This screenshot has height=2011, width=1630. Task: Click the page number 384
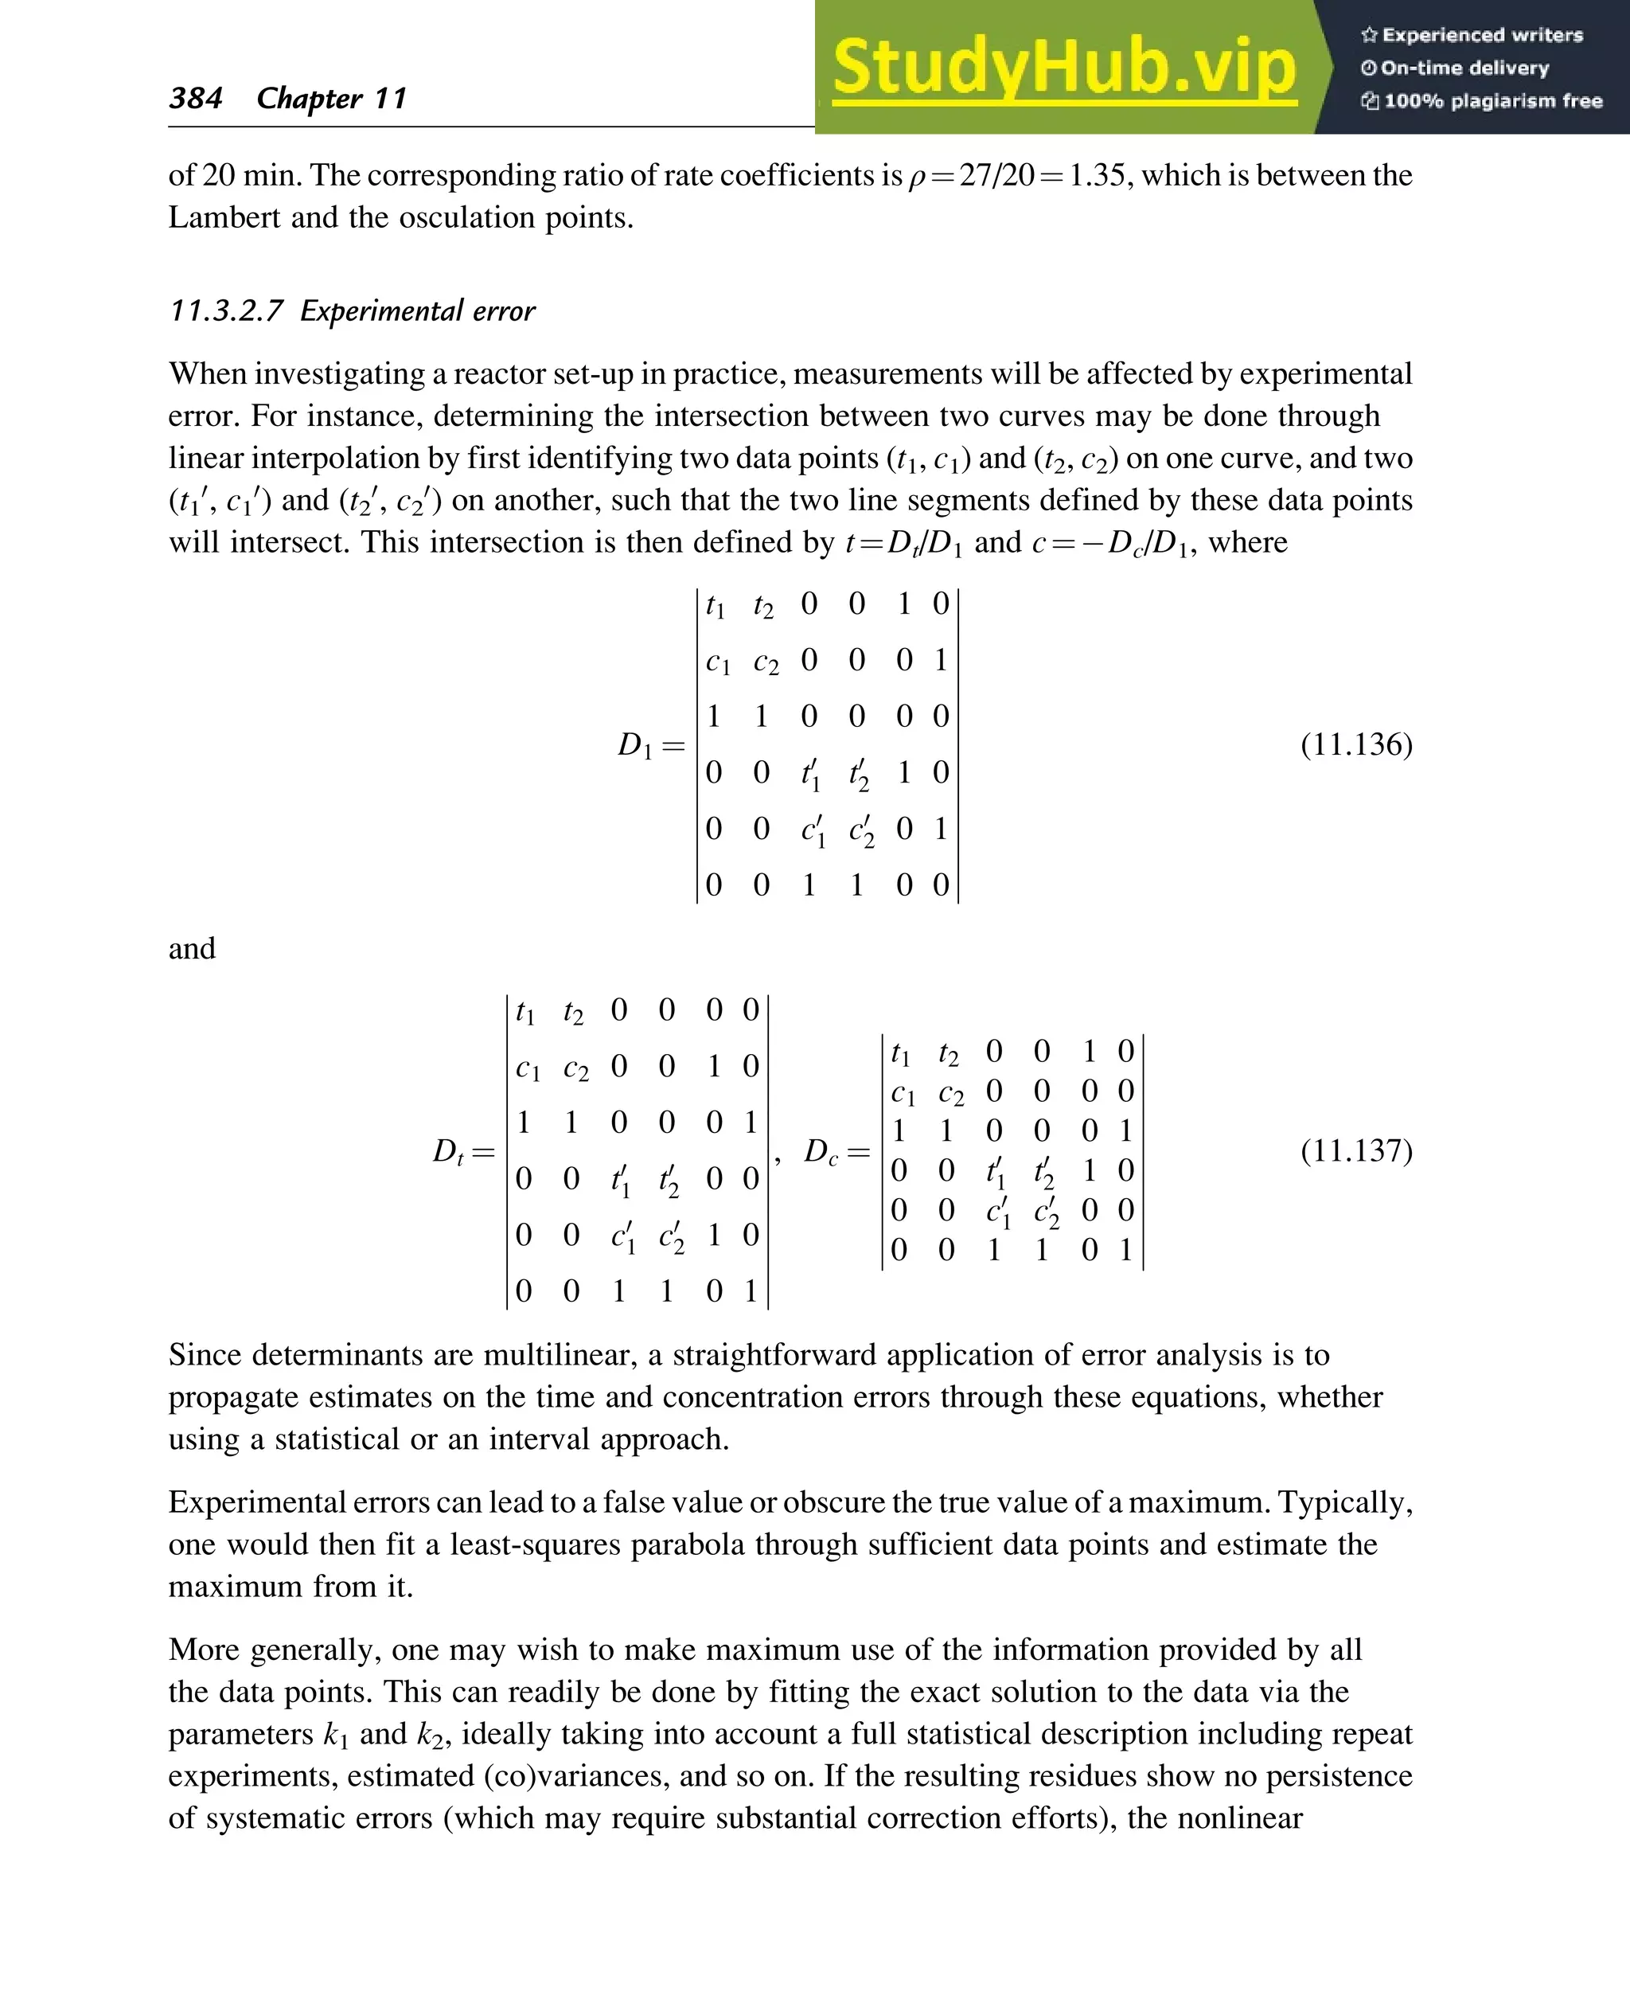[x=195, y=98]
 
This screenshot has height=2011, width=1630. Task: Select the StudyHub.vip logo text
[x=1064, y=68]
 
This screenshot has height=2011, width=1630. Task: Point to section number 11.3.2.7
[x=225, y=311]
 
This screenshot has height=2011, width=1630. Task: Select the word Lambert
[x=224, y=218]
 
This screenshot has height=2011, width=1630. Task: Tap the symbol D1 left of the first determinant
[x=636, y=746]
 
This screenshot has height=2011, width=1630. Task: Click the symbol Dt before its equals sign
[x=449, y=1151]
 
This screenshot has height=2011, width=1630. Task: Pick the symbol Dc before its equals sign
[x=821, y=1151]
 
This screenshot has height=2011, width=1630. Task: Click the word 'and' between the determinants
[x=192, y=949]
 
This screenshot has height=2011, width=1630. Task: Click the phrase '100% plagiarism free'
[x=1492, y=100]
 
